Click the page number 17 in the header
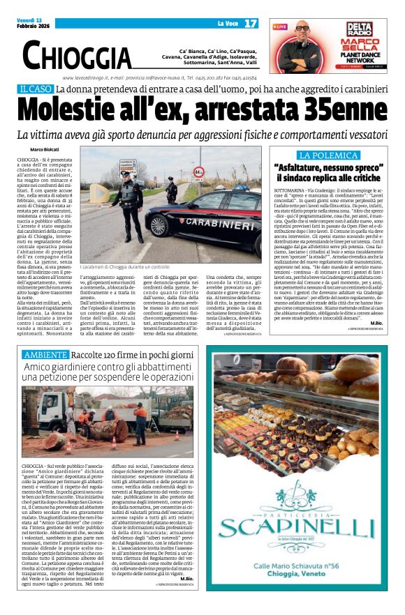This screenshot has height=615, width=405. pos(251,24)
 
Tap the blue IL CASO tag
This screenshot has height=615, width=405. pos(36,89)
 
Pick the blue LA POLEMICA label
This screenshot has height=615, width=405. pos(328,155)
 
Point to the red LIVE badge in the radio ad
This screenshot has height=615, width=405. pos(280,26)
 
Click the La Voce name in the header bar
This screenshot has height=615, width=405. pos(209,24)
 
